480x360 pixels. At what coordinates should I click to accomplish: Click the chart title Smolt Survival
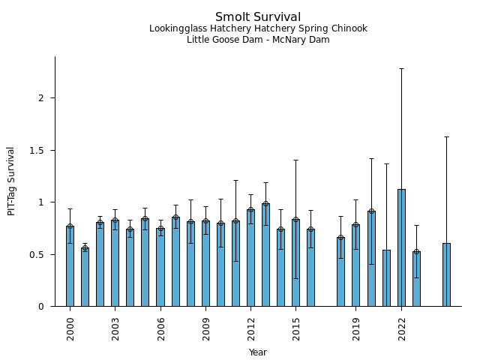[258, 16]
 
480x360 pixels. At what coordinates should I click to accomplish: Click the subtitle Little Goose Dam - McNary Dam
[258, 40]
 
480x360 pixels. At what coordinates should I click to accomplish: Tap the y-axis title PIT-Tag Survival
[11, 181]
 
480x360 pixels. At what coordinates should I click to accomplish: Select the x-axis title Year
[258, 352]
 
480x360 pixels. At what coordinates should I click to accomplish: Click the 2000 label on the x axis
[70, 328]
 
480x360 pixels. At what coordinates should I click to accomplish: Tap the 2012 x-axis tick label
[251, 328]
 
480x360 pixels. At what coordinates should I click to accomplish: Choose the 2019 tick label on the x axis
[356, 328]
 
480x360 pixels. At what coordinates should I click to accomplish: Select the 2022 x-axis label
[402, 328]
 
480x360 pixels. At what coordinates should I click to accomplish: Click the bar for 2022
[401, 247]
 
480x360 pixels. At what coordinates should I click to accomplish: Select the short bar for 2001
[85, 277]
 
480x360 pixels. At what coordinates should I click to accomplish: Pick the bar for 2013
[265, 255]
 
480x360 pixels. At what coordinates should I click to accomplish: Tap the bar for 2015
[296, 262]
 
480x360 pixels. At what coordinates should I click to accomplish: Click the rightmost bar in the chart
[446, 274]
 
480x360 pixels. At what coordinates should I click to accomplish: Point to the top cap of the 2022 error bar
[401, 68]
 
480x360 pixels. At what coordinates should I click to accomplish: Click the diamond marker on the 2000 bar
[70, 226]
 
